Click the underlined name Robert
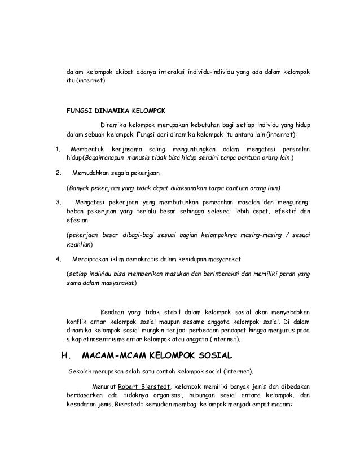coord(130,386)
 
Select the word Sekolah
coord(81,372)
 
